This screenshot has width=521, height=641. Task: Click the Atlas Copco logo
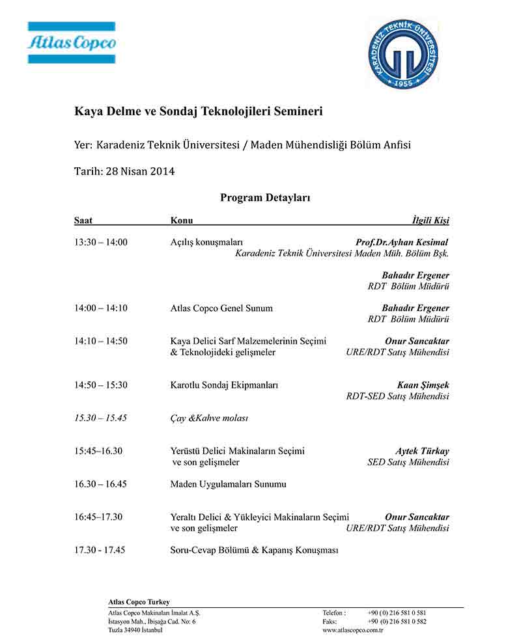[x=72, y=43]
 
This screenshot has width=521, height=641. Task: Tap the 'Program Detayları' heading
[x=264, y=197]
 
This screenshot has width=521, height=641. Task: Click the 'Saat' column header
[x=83, y=221]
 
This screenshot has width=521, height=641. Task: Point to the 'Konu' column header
[x=182, y=221]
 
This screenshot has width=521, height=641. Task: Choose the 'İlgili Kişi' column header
[x=430, y=221]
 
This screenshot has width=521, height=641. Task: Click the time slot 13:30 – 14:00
[x=101, y=242]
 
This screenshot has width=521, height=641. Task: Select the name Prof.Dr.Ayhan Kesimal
[x=402, y=242]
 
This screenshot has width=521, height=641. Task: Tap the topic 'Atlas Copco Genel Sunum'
[x=221, y=308]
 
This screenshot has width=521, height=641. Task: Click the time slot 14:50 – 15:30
[x=101, y=385]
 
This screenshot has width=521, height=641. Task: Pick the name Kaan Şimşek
[x=423, y=385]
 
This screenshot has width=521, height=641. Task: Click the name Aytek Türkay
[x=422, y=451]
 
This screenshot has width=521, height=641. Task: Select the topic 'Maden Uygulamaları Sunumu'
[x=228, y=484]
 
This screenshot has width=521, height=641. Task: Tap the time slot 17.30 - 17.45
[x=100, y=550]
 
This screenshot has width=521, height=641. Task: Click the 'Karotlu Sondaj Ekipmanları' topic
[x=224, y=385]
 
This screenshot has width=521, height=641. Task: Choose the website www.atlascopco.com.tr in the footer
[x=352, y=631]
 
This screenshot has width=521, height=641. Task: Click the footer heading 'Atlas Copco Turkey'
[x=139, y=602]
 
